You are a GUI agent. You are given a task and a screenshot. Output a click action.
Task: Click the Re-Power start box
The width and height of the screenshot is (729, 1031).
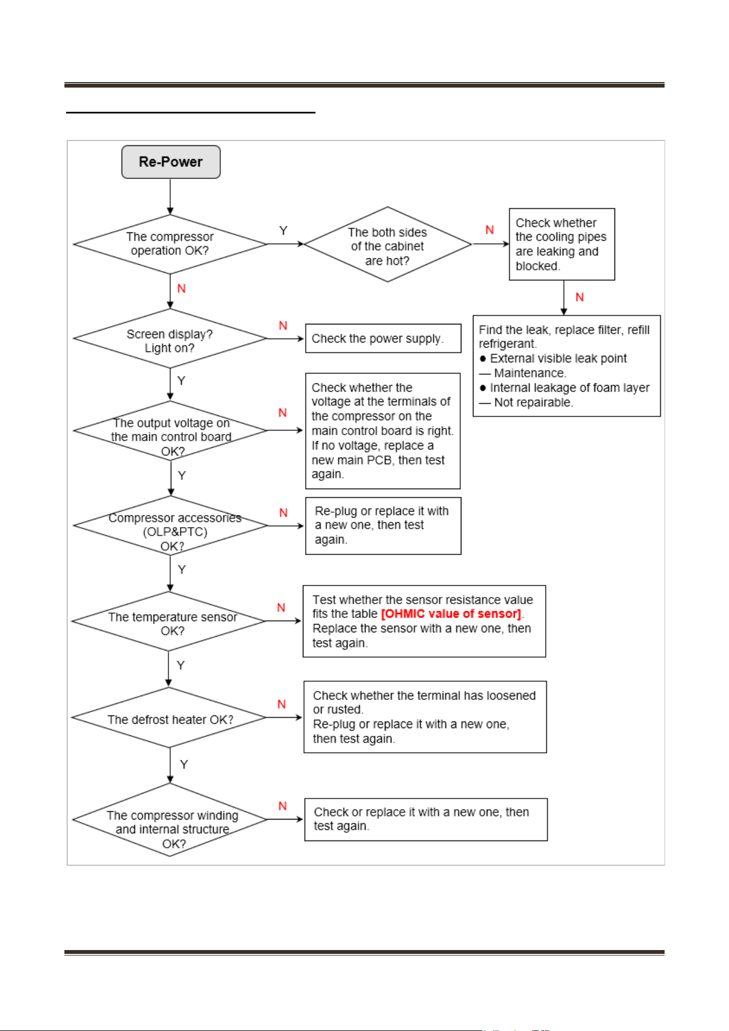(171, 162)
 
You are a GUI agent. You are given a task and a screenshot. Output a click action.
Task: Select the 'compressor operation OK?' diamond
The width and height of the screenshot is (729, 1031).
(170, 244)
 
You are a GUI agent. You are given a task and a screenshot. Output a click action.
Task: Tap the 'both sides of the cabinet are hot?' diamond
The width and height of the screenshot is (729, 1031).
(388, 245)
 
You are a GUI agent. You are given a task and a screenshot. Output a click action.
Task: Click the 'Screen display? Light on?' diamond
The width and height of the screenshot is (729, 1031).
(170, 339)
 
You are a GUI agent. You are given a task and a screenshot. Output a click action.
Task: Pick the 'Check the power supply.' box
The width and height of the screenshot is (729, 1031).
(383, 338)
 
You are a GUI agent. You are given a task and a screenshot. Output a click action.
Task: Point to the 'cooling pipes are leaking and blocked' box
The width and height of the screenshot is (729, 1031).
(562, 244)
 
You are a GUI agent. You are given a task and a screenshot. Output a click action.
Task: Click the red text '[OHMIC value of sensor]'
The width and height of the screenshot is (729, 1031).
(451, 614)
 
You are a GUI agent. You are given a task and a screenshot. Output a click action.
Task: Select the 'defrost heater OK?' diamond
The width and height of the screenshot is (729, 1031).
(169, 718)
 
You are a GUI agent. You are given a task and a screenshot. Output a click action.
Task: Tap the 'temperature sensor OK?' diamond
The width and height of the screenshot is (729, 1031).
(169, 621)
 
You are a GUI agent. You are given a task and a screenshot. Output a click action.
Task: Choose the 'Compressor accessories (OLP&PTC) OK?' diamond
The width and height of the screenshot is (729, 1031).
(170, 525)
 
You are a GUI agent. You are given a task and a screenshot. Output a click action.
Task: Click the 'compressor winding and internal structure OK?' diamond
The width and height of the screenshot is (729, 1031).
(170, 820)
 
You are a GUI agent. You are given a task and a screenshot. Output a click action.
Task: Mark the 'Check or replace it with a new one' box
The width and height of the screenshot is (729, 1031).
(426, 820)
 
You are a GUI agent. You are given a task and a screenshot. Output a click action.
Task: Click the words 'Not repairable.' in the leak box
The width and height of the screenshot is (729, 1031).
(534, 403)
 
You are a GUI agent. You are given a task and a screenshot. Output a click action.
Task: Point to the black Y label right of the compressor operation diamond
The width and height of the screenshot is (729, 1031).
(283, 231)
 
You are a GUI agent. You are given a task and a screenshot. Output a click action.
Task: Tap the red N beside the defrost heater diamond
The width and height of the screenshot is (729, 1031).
(282, 704)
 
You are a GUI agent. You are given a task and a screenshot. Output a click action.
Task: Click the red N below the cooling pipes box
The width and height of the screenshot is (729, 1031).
(580, 297)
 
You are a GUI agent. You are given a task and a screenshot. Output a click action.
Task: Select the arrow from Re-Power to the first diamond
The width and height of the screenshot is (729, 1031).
(170, 197)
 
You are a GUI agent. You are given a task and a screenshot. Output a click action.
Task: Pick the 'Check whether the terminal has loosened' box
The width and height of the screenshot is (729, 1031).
(425, 717)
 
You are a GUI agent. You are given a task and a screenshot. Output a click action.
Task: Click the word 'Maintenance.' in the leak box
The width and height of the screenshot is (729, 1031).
(530, 373)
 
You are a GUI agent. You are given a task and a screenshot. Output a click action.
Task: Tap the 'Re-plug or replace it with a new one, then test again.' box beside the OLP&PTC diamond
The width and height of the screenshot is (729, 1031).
(383, 526)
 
